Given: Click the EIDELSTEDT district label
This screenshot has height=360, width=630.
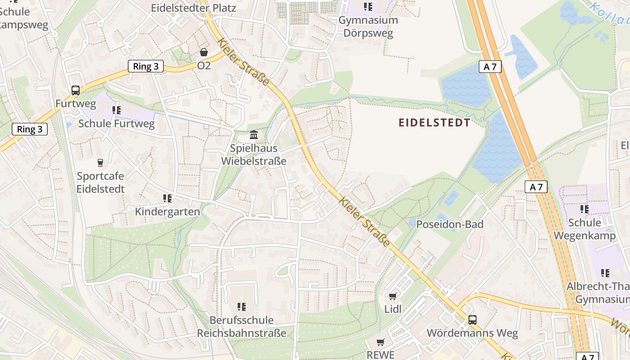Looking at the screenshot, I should click(x=435, y=123).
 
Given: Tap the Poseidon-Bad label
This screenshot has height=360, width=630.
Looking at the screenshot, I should click(x=450, y=224).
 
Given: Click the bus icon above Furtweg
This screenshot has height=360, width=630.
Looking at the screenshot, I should click(x=75, y=90).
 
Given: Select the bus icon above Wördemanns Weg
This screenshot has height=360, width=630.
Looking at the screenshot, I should click(x=472, y=320).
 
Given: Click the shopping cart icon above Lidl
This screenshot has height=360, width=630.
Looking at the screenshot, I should click(x=392, y=296).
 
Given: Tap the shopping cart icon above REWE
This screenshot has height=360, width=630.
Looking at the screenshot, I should click(x=381, y=342).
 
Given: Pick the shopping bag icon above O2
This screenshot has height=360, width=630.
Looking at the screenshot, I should click(x=204, y=53).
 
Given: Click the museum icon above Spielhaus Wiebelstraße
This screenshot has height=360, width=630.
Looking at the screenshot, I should click(x=254, y=135).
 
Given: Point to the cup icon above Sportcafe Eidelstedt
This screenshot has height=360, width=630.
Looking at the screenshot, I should click(x=100, y=162).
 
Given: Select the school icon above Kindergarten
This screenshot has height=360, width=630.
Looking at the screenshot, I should click(x=167, y=198).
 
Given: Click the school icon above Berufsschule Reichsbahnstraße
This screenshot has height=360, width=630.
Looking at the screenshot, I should click(x=242, y=307).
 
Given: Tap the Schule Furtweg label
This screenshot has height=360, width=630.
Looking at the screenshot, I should click(x=116, y=123).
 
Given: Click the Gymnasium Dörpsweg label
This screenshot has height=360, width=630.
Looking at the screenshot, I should click(x=368, y=27).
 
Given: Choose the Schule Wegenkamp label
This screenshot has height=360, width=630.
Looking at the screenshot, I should click(x=585, y=229).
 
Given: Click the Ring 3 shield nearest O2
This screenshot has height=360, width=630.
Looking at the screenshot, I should click(x=146, y=67).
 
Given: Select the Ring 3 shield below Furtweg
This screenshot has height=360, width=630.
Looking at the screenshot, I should click(x=30, y=130).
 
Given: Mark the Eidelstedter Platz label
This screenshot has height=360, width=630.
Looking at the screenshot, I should click(x=193, y=8).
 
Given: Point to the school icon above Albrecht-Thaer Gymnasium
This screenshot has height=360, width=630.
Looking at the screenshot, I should click(x=605, y=273).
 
